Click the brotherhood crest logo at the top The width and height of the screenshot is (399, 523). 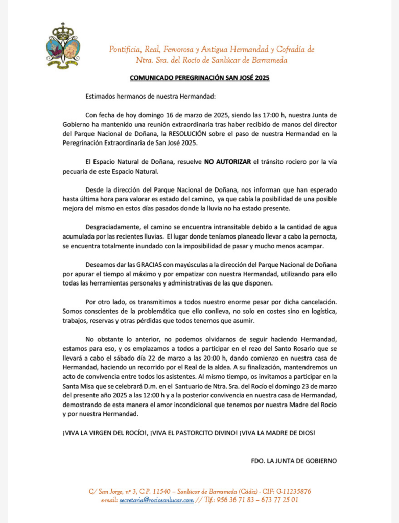[63, 46]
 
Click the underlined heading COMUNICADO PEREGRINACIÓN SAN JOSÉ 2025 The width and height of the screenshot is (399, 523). [199, 78]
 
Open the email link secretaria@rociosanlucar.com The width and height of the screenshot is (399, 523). [156, 500]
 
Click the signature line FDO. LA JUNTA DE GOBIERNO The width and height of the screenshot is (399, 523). [294, 460]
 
